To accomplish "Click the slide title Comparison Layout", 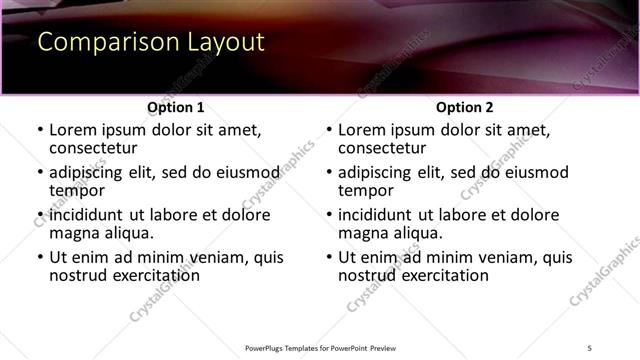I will coord(150,43).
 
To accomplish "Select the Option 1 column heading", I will coord(176,107).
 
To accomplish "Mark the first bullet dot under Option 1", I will coord(40,130).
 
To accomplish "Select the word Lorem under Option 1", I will coord(74,130).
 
